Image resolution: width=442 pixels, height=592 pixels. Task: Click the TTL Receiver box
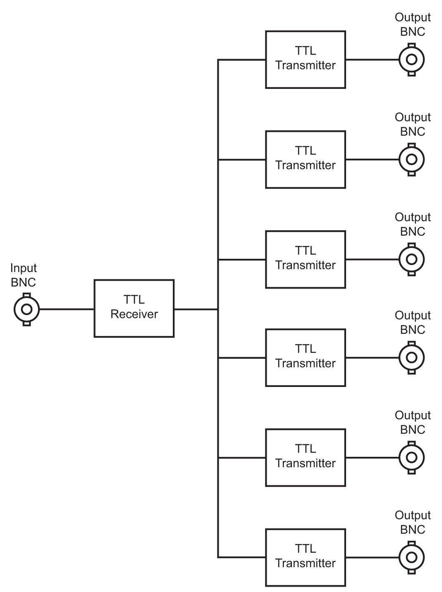point(134,308)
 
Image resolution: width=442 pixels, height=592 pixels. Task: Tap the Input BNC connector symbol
point(26,309)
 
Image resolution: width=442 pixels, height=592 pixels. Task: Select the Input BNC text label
point(24,275)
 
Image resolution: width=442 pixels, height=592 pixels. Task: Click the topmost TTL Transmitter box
point(305,60)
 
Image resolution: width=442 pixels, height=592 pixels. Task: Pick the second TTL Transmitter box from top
point(305,160)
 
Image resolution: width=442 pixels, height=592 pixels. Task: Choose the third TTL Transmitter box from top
point(305,259)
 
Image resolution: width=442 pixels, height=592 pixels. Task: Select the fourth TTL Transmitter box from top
point(305,358)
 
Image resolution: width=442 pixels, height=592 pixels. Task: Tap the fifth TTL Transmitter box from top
point(305,458)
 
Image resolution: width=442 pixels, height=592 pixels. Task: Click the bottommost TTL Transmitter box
point(305,557)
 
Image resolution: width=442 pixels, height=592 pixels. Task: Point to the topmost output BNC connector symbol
point(411,60)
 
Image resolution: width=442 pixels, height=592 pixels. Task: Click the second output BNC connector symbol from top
point(411,160)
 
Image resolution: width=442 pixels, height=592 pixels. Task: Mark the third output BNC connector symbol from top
point(411,259)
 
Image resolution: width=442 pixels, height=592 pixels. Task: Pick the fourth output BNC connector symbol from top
point(411,358)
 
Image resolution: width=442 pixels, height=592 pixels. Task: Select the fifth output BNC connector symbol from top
point(411,458)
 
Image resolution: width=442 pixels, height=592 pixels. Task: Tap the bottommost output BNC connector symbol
point(411,557)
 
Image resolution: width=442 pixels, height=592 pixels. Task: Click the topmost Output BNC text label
point(413,25)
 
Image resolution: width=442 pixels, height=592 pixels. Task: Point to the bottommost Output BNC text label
point(413,523)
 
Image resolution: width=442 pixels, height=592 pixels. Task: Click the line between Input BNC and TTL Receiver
point(67,309)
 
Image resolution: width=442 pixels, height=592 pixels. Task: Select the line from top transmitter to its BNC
point(372,60)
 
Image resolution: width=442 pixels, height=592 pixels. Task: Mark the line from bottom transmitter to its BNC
point(372,557)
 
